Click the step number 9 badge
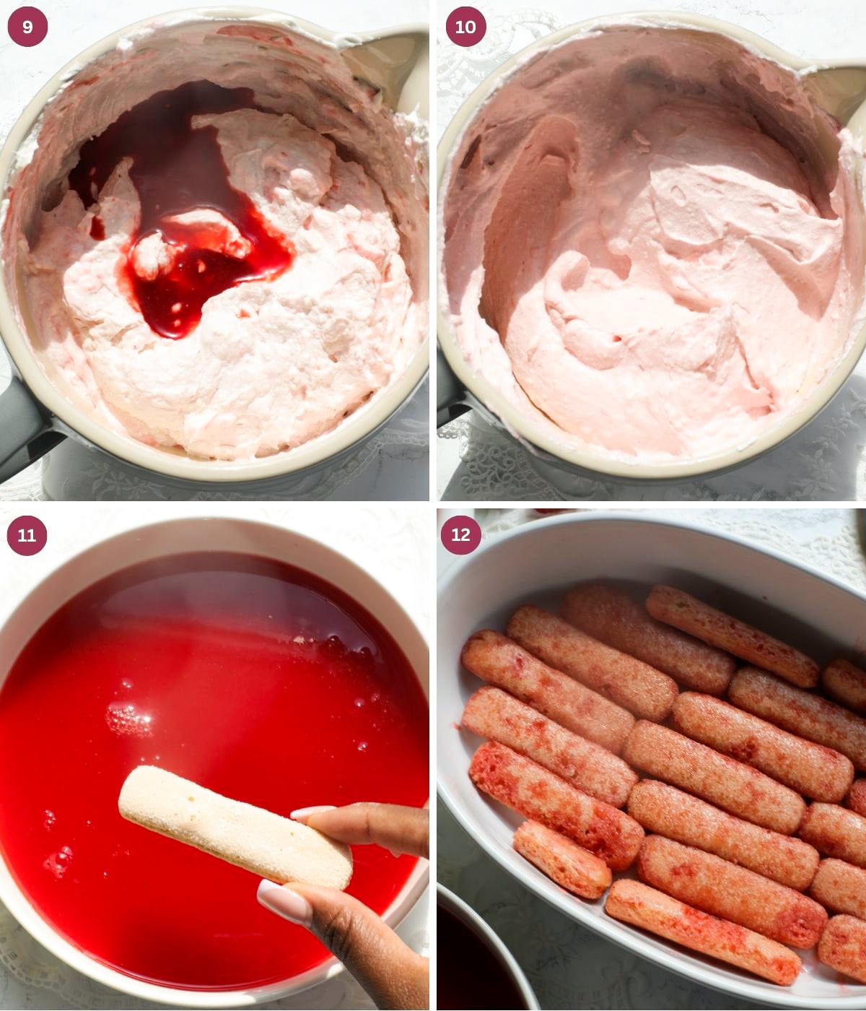[27, 27]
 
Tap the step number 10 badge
[465, 27]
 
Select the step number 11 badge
[27, 535]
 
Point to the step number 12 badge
[460, 535]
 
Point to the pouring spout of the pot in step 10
[837, 87]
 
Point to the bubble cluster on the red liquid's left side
[128, 719]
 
